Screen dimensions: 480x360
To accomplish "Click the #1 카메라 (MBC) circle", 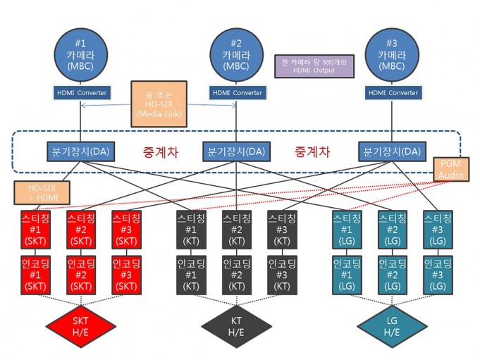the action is coord(81,55).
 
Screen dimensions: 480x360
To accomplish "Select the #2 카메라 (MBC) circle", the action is coord(236,55).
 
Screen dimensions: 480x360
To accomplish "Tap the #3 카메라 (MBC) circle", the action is coord(392,55).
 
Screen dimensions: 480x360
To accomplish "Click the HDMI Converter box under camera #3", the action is coord(393,93).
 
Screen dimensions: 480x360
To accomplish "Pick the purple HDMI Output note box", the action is coord(314,66).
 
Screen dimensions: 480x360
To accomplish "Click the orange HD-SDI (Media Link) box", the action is coord(159,104).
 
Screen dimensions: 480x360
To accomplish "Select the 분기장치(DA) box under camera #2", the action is coord(236,151).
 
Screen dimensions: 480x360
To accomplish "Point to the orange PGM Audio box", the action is coord(451,169).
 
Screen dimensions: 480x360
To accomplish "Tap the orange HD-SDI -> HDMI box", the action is coord(42,193).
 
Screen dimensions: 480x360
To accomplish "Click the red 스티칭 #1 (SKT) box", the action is coord(35,230).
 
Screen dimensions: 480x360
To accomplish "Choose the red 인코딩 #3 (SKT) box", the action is coord(126,275).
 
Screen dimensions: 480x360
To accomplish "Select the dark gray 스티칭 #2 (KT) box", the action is coord(237,230).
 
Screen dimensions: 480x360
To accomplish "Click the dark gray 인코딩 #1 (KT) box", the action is coord(191,275).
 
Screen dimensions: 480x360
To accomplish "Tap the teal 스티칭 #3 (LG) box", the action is coord(438,230).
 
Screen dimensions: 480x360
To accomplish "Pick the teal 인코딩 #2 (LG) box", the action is coord(393,275).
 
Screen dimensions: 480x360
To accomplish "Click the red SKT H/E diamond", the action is coord(80,326).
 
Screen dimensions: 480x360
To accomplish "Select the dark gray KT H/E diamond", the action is coord(236,326).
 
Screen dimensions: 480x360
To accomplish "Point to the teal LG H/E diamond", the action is coord(392,326).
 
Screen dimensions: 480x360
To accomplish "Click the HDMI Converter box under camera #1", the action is coord(82,93).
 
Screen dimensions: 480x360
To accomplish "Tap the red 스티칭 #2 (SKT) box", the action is coord(81,230).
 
